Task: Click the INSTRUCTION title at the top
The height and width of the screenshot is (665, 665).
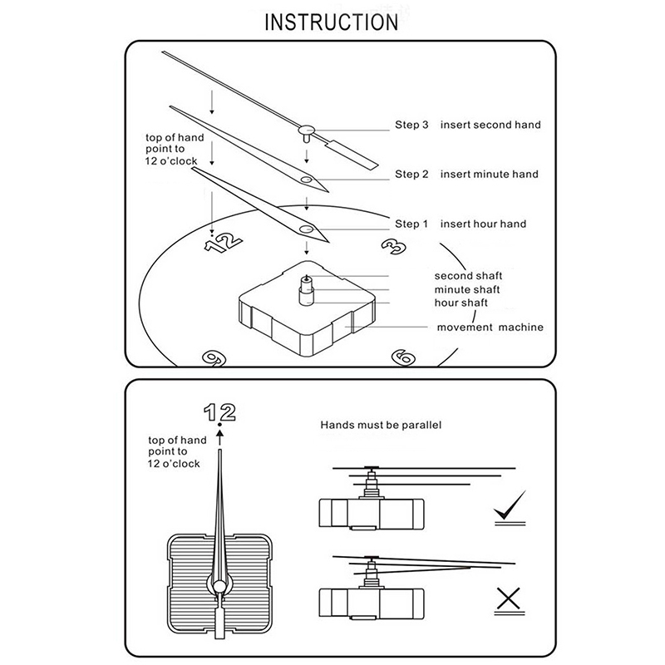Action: pyautogui.click(x=332, y=21)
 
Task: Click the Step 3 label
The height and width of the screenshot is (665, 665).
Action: pyautogui.click(x=411, y=125)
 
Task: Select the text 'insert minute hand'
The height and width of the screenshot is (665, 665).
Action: pyautogui.click(x=489, y=175)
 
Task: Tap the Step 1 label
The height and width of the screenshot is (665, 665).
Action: pyautogui.click(x=411, y=224)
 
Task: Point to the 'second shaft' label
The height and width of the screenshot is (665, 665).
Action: pyautogui.click(x=468, y=275)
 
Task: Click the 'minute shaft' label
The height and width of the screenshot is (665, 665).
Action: pyautogui.click(x=466, y=289)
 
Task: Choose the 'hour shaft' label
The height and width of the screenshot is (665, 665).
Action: pyautogui.click(x=461, y=303)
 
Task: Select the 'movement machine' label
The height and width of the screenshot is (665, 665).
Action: pyautogui.click(x=490, y=328)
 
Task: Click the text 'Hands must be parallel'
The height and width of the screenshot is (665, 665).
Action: pyautogui.click(x=381, y=425)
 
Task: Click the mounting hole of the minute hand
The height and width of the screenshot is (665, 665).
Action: pyautogui.click(x=308, y=179)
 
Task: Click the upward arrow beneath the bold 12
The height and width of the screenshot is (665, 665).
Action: pyautogui.click(x=220, y=432)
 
